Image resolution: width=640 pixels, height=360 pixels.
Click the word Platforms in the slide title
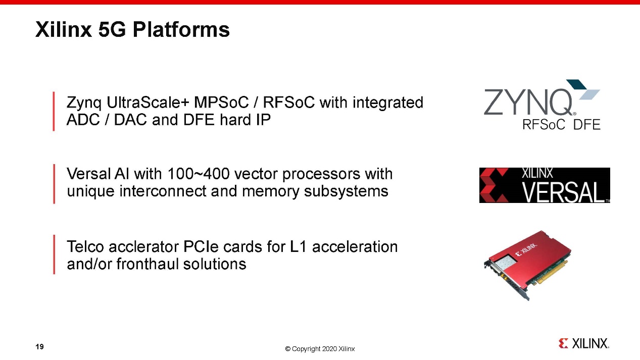tap(181, 30)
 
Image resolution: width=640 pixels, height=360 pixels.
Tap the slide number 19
tap(39, 346)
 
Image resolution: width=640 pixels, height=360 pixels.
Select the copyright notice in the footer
tap(320, 349)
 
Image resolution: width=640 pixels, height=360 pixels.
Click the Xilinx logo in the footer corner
tap(584, 343)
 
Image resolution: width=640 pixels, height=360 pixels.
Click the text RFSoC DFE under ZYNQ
tap(561, 125)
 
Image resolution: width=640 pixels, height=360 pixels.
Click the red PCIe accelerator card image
tap(527, 265)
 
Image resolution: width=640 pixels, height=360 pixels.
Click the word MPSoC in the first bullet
tap(221, 102)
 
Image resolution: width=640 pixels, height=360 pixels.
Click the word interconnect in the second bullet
tap(163, 191)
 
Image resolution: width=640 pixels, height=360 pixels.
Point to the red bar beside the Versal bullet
tap(54, 184)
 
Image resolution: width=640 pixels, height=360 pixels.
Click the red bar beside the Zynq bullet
tap(54, 112)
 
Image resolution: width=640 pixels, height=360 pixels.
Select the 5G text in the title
tap(112, 30)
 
